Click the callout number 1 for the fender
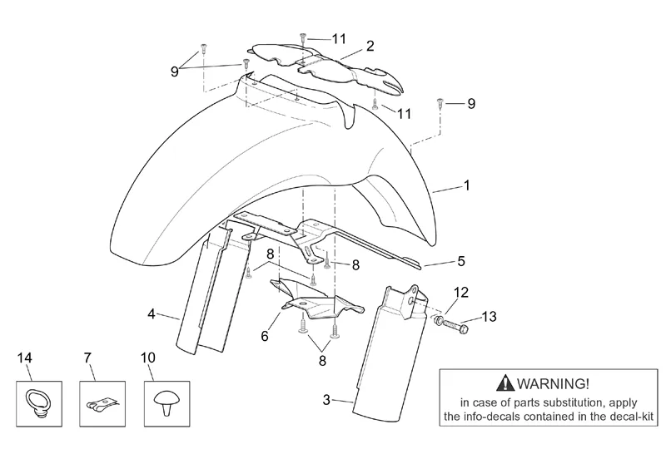tap(466, 186)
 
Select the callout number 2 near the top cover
tap(370, 47)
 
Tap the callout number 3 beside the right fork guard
tap(326, 400)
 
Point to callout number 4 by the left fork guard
tap(152, 313)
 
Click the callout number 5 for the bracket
tap(461, 261)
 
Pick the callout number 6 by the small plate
tap(264, 337)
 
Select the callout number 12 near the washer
tap(460, 292)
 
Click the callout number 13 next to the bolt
tap(490, 316)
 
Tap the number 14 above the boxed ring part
tap(25, 358)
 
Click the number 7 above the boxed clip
tap(88, 358)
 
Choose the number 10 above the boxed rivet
tap(147, 358)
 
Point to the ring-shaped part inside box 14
tap(37, 402)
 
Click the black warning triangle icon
tap(504, 382)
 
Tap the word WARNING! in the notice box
tap(554, 383)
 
